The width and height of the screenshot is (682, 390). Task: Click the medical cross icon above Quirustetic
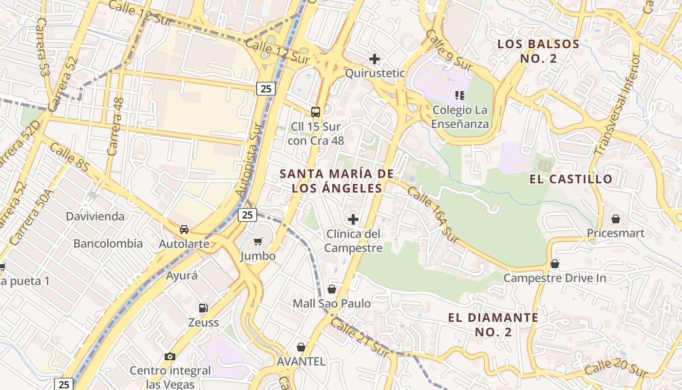coord(374,59)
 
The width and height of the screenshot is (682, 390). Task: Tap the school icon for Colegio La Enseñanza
coord(460,95)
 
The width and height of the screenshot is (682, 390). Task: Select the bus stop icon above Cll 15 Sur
coord(316,112)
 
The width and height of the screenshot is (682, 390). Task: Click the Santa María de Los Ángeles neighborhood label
coord(336,181)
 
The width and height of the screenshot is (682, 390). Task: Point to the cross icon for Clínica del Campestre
coord(353,219)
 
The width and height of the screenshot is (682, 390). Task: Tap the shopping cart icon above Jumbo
coord(258,241)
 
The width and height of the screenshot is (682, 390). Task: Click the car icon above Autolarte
coord(184,229)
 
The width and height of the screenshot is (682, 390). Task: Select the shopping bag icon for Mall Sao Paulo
coord(332,289)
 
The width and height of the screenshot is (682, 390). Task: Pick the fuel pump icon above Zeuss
coord(203,308)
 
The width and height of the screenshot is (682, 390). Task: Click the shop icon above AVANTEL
coord(301,347)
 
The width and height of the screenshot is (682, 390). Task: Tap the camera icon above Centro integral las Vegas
coord(170,356)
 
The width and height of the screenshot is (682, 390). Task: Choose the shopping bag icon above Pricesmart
coord(616,218)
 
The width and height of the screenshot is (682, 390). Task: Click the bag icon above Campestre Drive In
coord(554,264)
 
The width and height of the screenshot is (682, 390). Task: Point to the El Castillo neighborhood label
coord(571,179)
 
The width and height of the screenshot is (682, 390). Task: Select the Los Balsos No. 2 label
coord(538,51)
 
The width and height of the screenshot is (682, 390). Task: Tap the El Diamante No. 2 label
coord(493,325)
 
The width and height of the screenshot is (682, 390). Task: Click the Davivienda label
coord(95,216)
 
